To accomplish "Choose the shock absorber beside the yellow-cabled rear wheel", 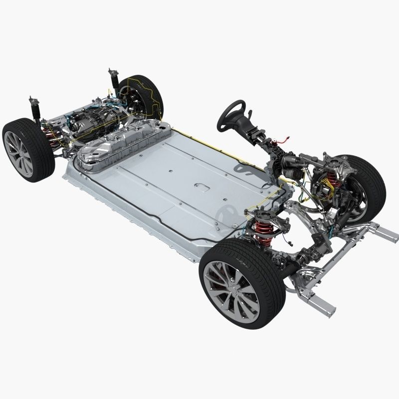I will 114,82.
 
